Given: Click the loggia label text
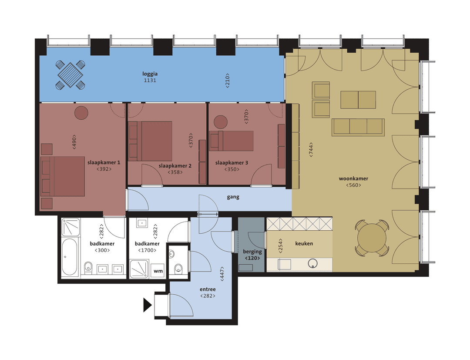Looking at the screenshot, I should (x=149, y=74).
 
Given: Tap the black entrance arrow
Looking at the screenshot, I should (x=147, y=305).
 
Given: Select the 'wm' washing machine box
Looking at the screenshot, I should (x=158, y=271).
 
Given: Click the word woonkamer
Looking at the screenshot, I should (x=353, y=178).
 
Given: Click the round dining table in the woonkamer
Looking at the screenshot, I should (x=372, y=238).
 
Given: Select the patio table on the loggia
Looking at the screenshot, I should (x=70, y=75).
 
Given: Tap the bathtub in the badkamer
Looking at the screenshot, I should (x=70, y=256).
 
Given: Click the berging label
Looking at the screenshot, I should (x=252, y=252).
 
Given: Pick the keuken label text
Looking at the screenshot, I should (x=304, y=244).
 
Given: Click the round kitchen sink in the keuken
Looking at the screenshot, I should (x=313, y=263).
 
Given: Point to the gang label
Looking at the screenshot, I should (x=233, y=197).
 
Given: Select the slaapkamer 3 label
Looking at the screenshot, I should (x=232, y=163).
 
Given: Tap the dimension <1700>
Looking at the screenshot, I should (x=147, y=250).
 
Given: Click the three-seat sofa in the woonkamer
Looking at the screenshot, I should (x=358, y=126).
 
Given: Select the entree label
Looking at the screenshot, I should (x=208, y=289).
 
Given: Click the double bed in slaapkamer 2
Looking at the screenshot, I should (x=155, y=141).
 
